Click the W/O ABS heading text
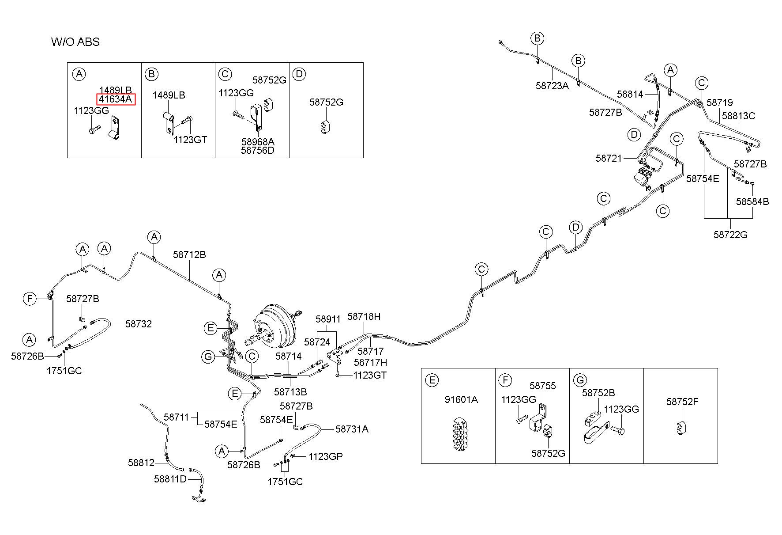coord(75,42)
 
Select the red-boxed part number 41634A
coord(116,99)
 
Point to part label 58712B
coord(189,255)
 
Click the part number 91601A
coord(461,400)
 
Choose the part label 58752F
coord(682,402)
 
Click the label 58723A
coord(552,86)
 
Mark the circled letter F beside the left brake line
coord(30,299)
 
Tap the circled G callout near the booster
coord(209,357)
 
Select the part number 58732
coord(139,324)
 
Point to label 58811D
coord(170,479)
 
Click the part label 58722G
coord(730,235)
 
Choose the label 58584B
coord(752,201)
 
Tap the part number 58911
coord(328,319)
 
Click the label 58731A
coord(352,429)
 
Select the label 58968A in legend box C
coord(258,142)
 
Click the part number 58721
coord(609,158)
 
